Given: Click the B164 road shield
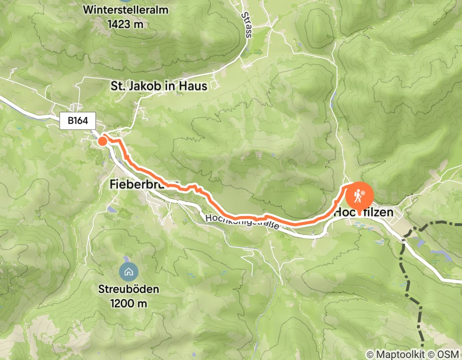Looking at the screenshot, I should [78, 121].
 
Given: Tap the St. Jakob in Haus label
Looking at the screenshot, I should [159, 86].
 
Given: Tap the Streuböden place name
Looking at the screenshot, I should [129, 290].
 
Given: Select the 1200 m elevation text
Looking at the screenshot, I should [129, 303].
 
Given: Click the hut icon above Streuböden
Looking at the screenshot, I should [128, 271].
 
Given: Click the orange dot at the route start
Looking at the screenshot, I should [102, 141].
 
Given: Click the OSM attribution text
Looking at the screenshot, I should [448, 354].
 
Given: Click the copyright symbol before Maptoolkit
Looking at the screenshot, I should [370, 354].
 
